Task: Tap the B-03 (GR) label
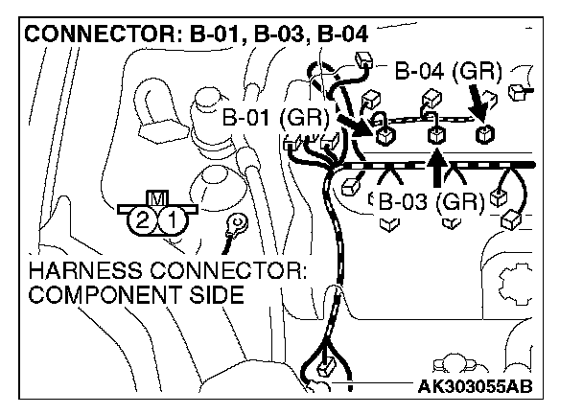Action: (431, 202)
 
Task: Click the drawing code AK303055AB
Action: (473, 387)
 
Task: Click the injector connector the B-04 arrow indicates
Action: (486, 132)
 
